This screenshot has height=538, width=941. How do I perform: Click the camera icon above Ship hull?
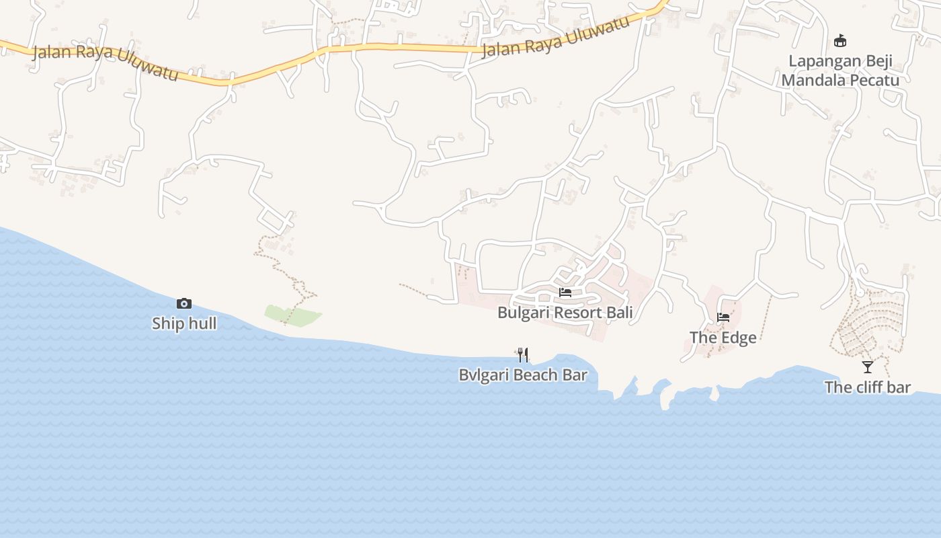(183, 304)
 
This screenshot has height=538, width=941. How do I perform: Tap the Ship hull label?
(184, 323)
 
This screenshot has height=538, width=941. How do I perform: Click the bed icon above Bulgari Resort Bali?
(565, 293)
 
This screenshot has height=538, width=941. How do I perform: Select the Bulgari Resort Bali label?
(565, 313)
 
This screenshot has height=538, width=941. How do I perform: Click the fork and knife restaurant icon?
(523, 354)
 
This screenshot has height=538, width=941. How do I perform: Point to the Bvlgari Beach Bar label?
(523, 375)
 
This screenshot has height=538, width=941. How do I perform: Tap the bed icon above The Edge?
(723, 317)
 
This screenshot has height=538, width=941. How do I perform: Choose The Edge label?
(723, 338)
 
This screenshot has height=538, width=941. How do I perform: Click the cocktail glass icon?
(868, 367)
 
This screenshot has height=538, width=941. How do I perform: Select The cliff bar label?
(868, 387)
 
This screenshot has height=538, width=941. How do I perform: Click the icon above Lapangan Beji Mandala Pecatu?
(840, 41)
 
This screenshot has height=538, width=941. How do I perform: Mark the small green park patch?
(292, 315)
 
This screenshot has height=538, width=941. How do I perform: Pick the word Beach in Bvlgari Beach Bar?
(535, 375)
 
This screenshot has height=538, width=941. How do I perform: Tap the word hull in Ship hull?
(203, 323)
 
